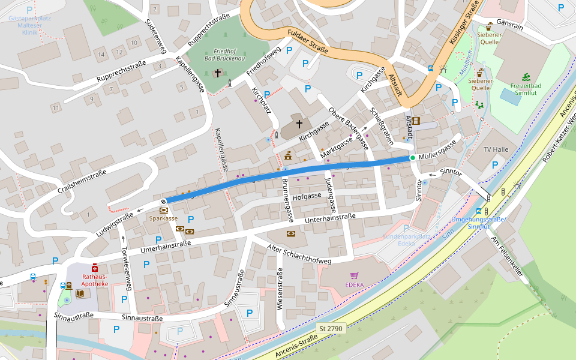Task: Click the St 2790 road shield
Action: pyautogui.click(x=331, y=328)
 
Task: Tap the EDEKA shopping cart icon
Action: pyautogui.click(x=355, y=275)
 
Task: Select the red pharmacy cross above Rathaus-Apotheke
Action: pyautogui.click(x=95, y=268)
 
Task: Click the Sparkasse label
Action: pyautogui.click(x=164, y=218)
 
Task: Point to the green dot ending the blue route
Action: pyautogui.click(x=413, y=158)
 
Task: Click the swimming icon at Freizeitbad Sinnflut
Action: pyautogui.click(x=526, y=77)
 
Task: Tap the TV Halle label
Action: pyautogui.click(x=496, y=149)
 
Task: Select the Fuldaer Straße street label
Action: pyautogui.click(x=308, y=41)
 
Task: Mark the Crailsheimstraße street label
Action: pyautogui.click(x=82, y=181)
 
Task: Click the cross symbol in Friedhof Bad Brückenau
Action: pyautogui.click(x=218, y=73)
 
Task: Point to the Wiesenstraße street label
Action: pyautogui.click(x=280, y=289)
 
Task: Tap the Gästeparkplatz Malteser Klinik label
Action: pyautogui.click(x=29, y=26)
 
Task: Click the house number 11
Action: pyautogui.click(x=56, y=107)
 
